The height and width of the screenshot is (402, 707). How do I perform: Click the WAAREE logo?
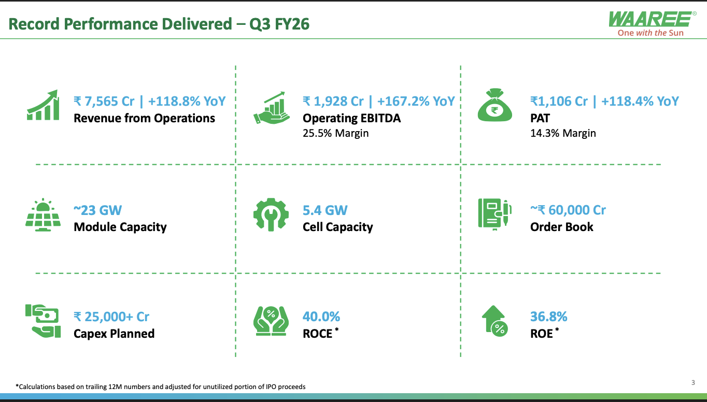652,24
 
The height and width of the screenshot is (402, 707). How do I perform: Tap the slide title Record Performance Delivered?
120,24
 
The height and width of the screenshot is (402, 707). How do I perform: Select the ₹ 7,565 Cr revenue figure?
104,102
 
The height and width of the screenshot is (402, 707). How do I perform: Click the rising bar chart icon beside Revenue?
43,105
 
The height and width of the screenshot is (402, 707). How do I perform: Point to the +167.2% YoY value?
416,102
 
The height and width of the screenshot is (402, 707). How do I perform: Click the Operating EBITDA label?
351,118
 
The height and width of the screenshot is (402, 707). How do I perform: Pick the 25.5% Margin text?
335,133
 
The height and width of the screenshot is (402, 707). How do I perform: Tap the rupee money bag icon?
494,105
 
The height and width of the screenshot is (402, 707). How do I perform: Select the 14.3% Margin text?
563,133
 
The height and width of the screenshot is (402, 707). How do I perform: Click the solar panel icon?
43,215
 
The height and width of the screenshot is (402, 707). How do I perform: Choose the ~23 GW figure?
97,210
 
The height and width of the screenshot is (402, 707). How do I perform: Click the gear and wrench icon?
271,214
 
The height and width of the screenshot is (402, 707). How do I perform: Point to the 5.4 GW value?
325,210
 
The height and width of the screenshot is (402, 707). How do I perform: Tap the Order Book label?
561,227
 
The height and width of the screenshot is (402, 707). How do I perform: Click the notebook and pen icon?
494,214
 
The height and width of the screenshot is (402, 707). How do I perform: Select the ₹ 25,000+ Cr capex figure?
111,317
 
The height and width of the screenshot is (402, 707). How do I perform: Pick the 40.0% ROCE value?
321,317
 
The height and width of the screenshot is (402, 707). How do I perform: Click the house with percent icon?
494,321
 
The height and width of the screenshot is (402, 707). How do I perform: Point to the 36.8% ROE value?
548,317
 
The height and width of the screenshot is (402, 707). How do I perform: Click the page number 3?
693,383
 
